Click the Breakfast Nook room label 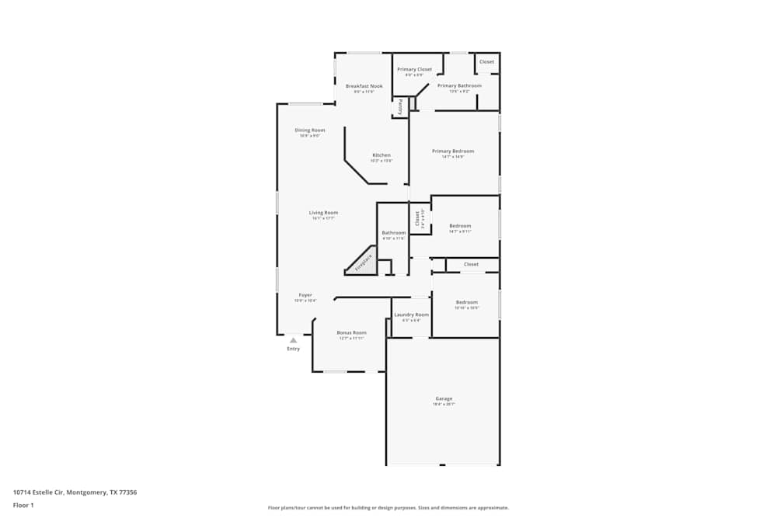pos(364,86)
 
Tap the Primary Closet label pos(414,70)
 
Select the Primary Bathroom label pos(459,85)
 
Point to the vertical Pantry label pos(400,106)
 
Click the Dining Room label pos(310,130)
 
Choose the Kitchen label pos(381,155)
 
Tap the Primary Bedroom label pos(453,151)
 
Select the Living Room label pos(323,213)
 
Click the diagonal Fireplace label pos(364,262)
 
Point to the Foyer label pos(305,295)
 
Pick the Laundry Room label pos(411,315)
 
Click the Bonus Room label pos(351,332)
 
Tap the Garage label pos(444,399)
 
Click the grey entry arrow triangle pos(293,339)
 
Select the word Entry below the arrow pos(293,349)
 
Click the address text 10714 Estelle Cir pos(75,492)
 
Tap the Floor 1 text pos(23,505)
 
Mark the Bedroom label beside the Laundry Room pos(466,302)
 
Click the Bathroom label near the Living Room pos(393,233)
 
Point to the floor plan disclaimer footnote pos(388,508)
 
